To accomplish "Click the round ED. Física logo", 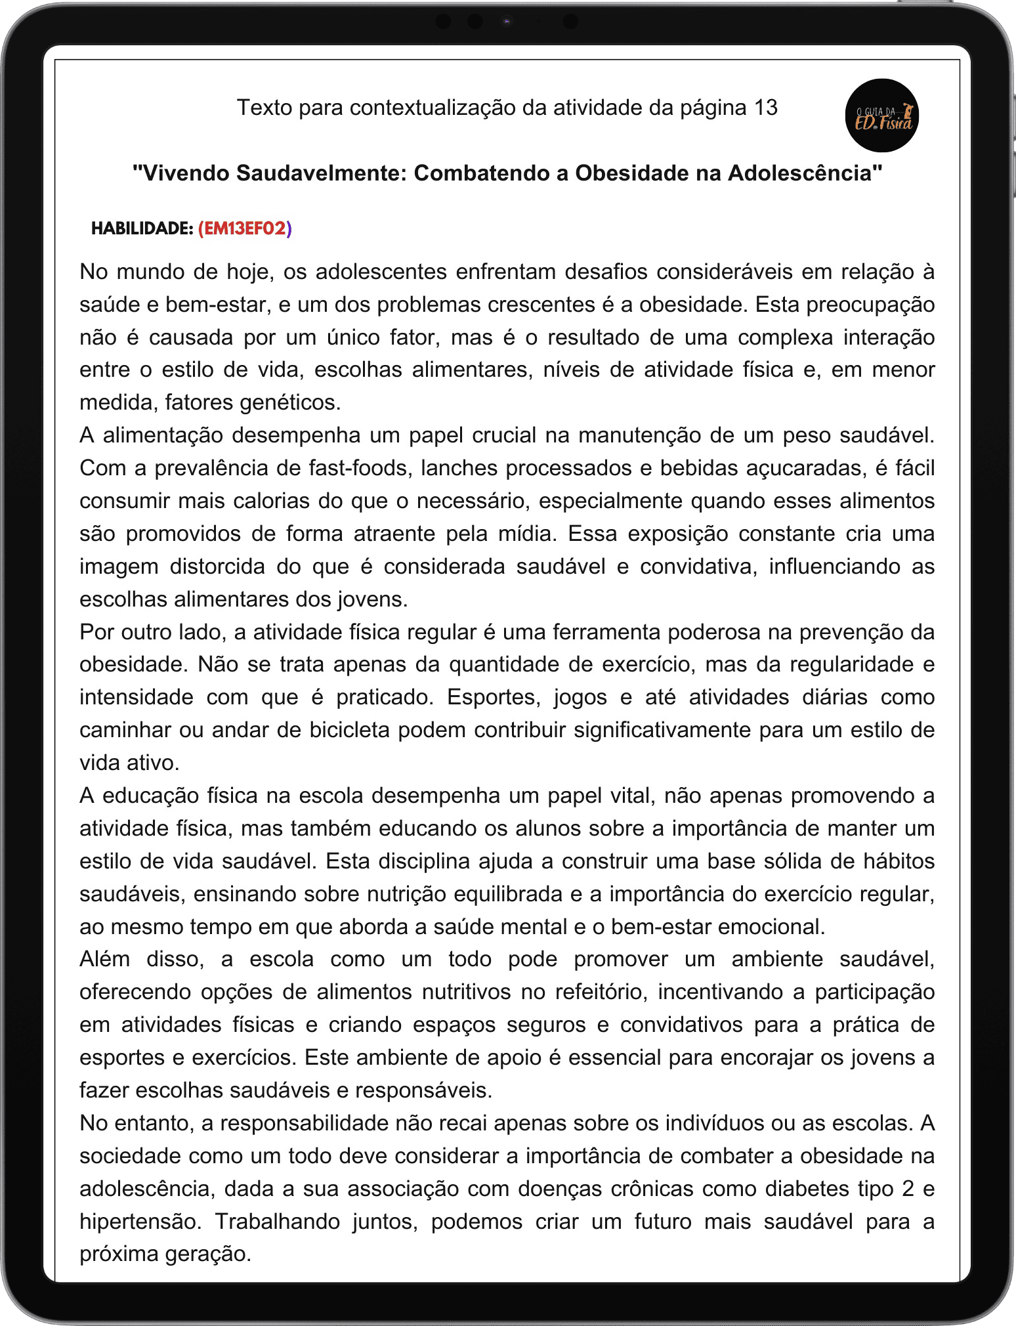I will [x=882, y=116].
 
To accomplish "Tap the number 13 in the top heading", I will [x=765, y=107].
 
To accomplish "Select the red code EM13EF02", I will [x=245, y=228].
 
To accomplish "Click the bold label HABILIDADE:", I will [x=142, y=228].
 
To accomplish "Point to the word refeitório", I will [x=601, y=992].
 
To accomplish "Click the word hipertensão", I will [x=138, y=1222].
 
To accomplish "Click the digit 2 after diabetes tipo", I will [x=908, y=1189].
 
